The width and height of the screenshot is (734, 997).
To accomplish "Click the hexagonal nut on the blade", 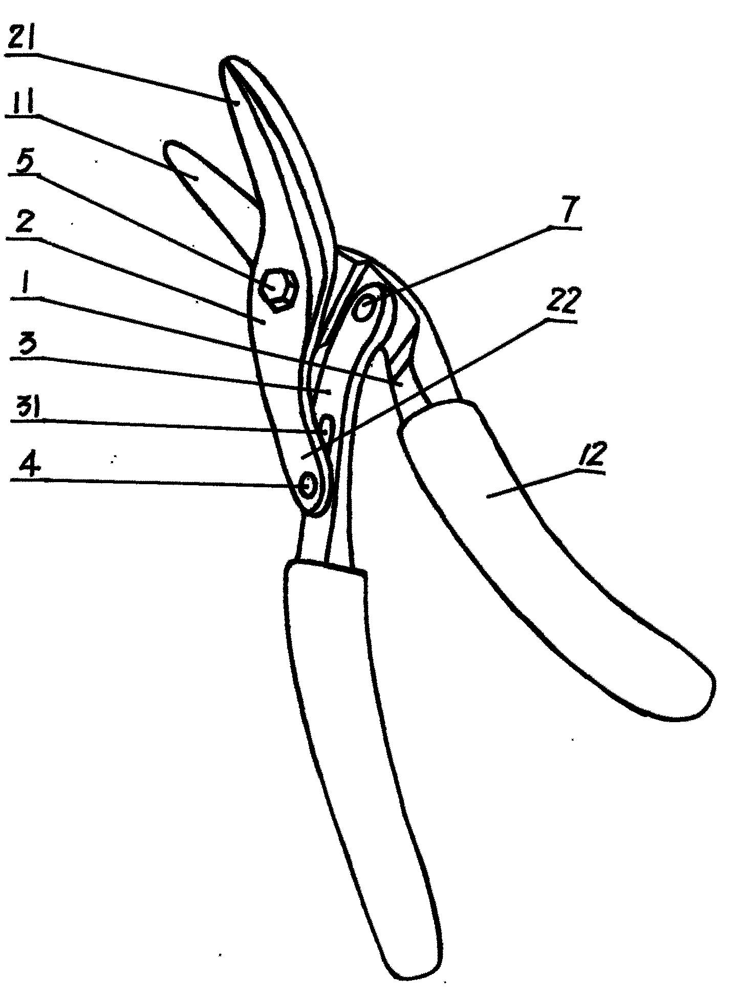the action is pyautogui.click(x=276, y=289).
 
